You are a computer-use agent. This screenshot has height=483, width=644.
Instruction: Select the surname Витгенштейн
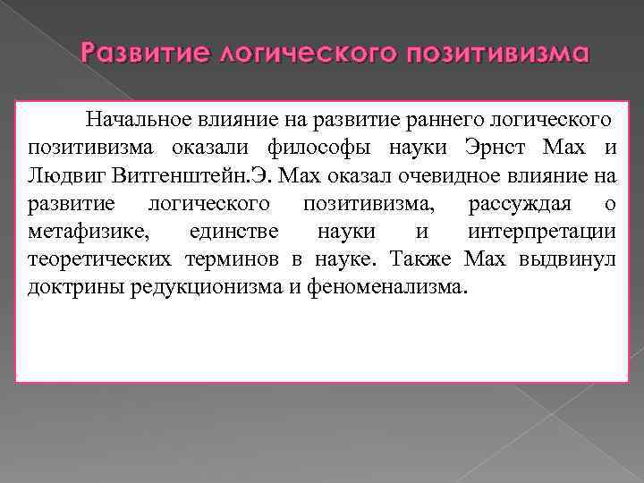coord(168,174)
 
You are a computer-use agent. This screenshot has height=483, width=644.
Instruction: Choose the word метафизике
coord(86,232)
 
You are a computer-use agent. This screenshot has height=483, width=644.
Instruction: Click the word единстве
coord(234,232)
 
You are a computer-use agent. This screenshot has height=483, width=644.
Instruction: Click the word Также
coord(428,260)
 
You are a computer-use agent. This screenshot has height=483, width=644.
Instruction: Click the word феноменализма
coord(393,288)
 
